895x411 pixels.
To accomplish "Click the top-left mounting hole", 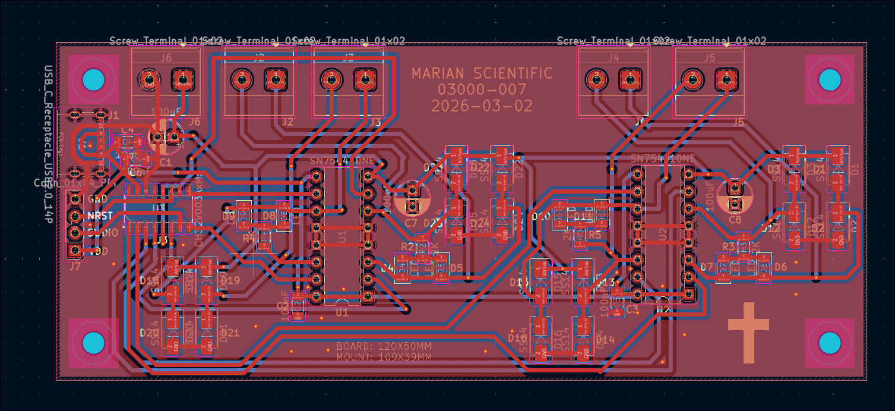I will click(x=93, y=79).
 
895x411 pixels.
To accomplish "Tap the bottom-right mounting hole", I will click(x=828, y=343).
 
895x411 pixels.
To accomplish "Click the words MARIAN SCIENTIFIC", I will click(x=482, y=74).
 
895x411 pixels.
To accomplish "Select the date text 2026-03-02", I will click(x=482, y=106).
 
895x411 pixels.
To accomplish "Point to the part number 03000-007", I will click(x=482, y=90).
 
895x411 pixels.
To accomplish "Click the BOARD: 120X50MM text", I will click(x=384, y=346).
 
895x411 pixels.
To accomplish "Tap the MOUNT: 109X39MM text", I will click(x=384, y=357).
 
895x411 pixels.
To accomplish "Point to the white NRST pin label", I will click(x=100, y=216).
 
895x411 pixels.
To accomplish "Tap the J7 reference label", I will click(x=75, y=267).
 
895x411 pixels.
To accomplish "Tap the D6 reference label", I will click(x=780, y=267).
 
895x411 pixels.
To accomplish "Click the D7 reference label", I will click(x=707, y=267).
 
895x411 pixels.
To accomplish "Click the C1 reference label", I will click(x=165, y=162).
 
